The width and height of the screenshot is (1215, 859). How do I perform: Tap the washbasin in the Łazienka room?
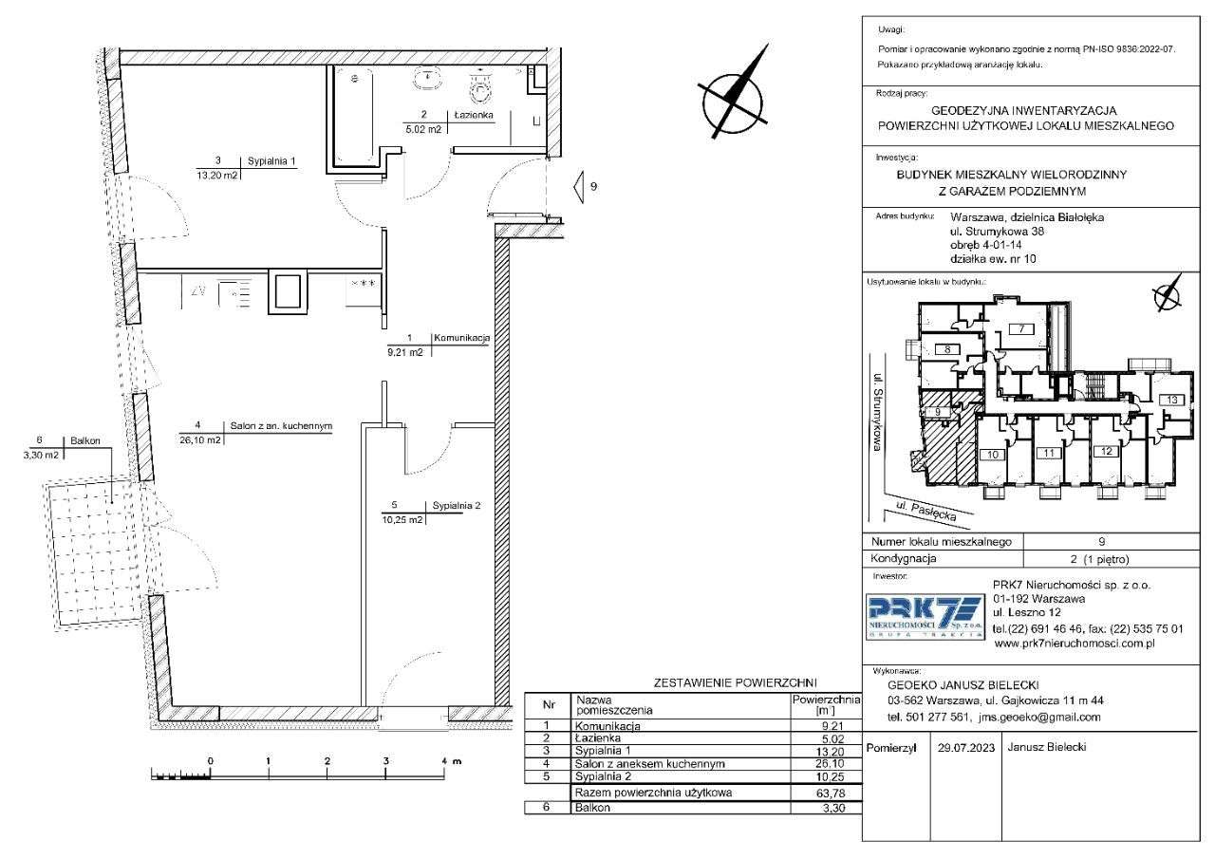pos(429,78)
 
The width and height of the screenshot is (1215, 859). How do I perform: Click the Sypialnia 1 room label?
pos(271,161)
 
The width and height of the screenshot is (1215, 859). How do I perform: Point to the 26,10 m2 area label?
pos(200,439)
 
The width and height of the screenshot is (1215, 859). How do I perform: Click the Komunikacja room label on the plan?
pos(461,337)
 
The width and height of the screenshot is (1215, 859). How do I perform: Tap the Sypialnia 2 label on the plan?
pos(457,505)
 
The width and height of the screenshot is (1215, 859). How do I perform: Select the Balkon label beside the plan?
pos(85,440)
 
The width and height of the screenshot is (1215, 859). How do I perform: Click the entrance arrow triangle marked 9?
pos(579,187)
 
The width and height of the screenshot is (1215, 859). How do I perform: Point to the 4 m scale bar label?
pos(451,761)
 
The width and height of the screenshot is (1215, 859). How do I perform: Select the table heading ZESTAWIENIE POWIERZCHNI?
pos(735,682)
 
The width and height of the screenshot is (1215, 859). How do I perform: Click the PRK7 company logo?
pos(925,618)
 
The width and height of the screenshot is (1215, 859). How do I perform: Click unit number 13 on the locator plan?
pos(1172,400)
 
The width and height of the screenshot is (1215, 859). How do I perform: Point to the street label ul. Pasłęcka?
pos(925,512)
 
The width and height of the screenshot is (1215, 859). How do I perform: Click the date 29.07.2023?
pos(966,748)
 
